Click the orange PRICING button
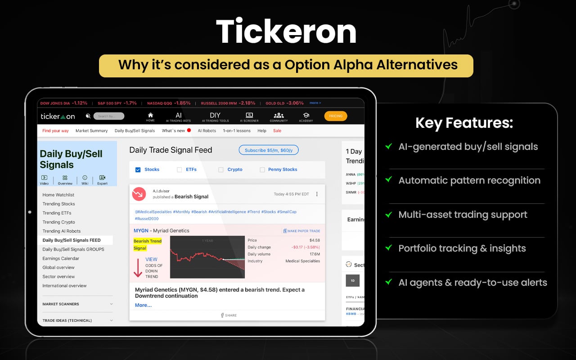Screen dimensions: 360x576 coord(335,116)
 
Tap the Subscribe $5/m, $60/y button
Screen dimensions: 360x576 coord(268,150)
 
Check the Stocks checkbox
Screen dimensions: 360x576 coord(138,170)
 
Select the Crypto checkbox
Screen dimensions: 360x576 coord(221,170)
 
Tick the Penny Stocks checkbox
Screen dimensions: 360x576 coord(262,170)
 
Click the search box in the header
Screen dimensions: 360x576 coord(109,116)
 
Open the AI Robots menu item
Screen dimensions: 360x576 coord(207,130)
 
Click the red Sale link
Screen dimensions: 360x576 coord(277,130)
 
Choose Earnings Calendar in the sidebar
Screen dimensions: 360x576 coord(61,258)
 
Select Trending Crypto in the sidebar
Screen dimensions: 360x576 coord(58,222)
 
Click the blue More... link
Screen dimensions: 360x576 coord(143,305)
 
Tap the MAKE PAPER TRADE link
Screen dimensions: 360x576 coord(301,231)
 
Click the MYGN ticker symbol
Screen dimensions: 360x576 coord(141,231)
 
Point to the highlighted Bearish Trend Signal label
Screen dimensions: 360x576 coord(147,244)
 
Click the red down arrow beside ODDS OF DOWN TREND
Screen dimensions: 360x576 coord(138,267)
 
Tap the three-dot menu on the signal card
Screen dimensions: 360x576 coord(317,194)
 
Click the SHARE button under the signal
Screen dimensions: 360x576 coord(229,315)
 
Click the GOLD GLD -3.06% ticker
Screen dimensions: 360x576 coord(284,103)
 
